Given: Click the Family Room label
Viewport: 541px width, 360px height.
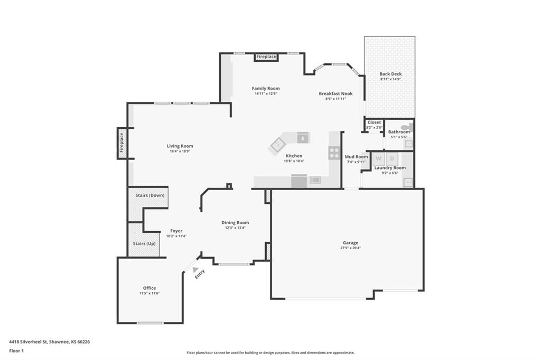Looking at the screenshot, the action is point(266,88).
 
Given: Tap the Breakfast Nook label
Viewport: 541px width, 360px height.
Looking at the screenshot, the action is point(335,93).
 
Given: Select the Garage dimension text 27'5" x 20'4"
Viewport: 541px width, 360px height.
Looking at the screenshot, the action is point(351,248).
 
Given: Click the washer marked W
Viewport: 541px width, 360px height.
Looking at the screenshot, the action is point(378,159).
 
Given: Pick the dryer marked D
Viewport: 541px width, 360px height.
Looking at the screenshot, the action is point(392,159).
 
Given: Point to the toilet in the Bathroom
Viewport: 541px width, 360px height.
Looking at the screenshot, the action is point(407,127).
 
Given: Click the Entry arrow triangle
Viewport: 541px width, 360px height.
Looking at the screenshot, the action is point(195,269).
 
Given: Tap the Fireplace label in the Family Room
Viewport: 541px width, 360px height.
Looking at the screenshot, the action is point(266,56).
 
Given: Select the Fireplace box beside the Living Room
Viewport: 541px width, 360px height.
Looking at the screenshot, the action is point(122,143).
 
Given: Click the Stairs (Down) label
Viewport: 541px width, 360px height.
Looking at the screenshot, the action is point(150,195).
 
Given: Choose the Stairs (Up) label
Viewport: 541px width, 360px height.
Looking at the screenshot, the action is point(144,243).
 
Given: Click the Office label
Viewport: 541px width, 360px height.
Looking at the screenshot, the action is point(150,288).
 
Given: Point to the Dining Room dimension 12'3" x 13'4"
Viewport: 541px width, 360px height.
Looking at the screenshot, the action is point(235,228).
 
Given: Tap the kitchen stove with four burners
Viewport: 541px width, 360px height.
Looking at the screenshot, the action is point(334,153).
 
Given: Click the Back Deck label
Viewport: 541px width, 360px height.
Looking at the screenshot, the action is point(390,74).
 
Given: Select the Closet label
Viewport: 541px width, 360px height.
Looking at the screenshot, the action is point(375,122).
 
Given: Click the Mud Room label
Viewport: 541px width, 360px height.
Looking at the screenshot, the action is point(357,157).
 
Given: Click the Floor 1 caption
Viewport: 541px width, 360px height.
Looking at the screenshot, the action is point(16,350).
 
